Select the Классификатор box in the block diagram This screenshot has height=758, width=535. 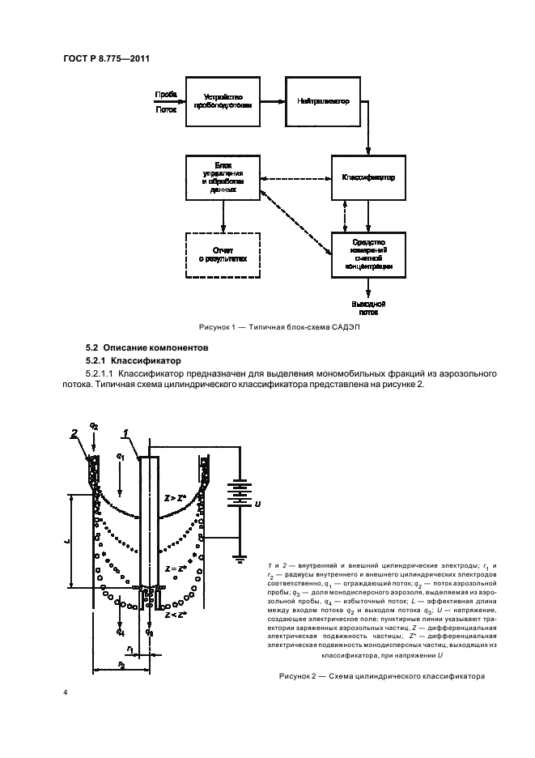tap(368, 177)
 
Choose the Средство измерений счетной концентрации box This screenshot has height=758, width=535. tap(368, 254)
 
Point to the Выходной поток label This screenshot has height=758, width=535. tap(368, 306)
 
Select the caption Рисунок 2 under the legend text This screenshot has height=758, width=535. tap(380, 675)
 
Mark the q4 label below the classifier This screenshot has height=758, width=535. tap(120, 628)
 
